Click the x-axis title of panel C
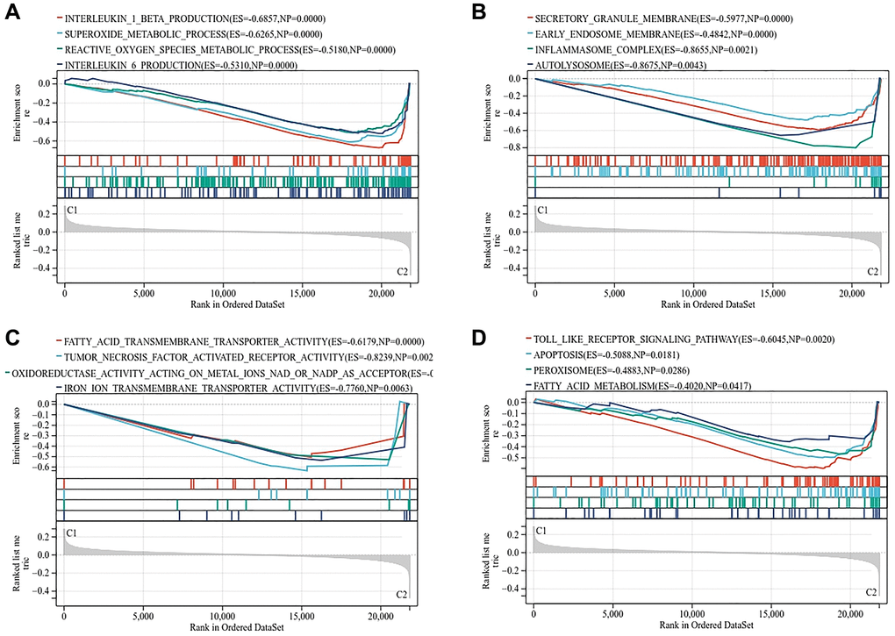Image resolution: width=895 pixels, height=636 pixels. tap(235, 627)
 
